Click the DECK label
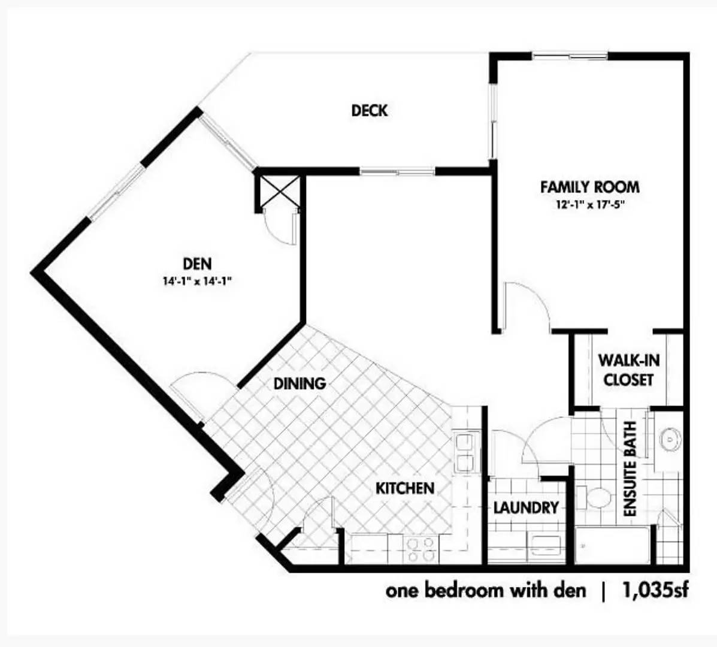point(370,111)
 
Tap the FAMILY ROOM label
point(590,187)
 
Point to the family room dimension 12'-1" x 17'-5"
point(590,204)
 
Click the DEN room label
point(197,264)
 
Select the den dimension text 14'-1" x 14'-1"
point(195,281)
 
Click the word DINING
point(299,383)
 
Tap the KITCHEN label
point(405,488)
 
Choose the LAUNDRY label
point(526,507)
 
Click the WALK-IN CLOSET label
point(629,370)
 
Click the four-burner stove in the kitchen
point(420,549)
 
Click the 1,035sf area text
point(654,590)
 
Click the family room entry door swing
point(526,306)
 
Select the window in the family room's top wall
point(570,57)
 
